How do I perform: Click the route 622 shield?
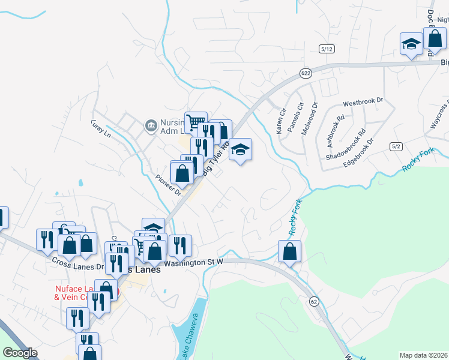click(x=306, y=73)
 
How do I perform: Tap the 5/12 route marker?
click(x=327, y=49)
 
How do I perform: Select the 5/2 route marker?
click(x=396, y=146)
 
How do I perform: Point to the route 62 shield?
click(x=314, y=300)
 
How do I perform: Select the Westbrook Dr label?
click(x=363, y=101)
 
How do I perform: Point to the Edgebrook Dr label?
click(x=358, y=154)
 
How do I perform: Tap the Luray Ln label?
click(x=101, y=131)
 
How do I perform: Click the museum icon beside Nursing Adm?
click(x=151, y=126)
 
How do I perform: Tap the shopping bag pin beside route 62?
click(x=289, y=251)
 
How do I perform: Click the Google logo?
click(x=20, y=353)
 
